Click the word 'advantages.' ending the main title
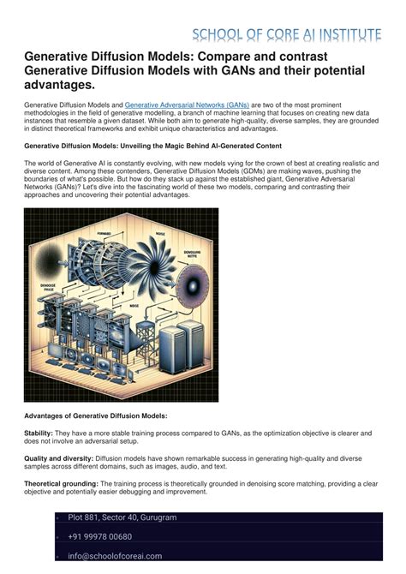[x=60, y=87]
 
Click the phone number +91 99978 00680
[x=100, y=536]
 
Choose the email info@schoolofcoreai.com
[x=115, y=555]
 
